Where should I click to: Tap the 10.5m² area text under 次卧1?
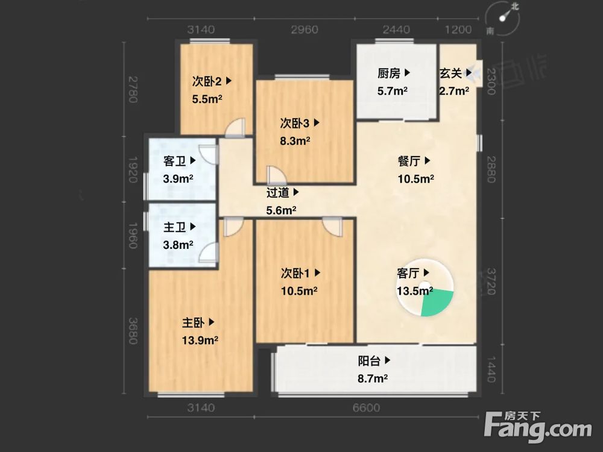click(x=299, y=290)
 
